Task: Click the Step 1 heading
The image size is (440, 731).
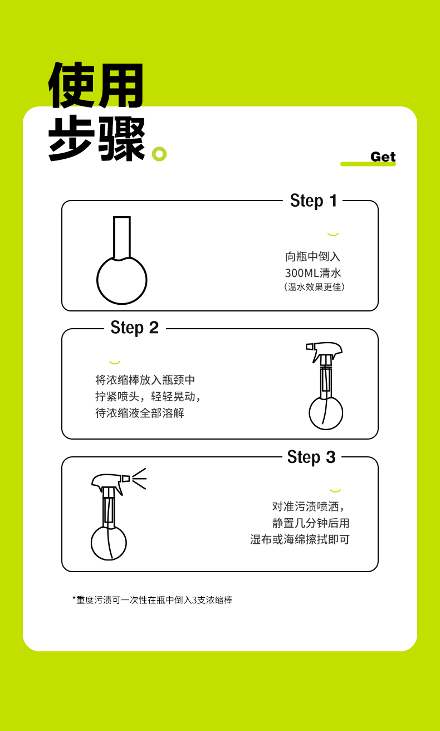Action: (x=314, y=201)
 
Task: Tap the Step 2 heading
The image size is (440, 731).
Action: (x=134, y=328)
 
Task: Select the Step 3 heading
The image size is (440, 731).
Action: (x=311, y=457)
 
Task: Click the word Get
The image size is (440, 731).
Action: (x=383, y=157)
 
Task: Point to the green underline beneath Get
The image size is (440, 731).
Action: (x=368, y=164)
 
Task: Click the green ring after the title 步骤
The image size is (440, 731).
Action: (x=159, y=154)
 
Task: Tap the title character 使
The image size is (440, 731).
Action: (x=72, y=85)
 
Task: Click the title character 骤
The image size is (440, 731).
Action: (x=121, y=139)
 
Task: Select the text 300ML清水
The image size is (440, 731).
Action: (x=313, y=273)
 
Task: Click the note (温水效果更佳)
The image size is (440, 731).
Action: (x=314, y=287)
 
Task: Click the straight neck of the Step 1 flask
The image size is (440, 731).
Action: (x=121, y=237)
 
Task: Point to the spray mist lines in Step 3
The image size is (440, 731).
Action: (x=139, y=479)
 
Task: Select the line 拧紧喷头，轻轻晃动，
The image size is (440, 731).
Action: (x=148, y=397)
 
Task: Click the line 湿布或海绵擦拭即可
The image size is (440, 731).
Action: (x=300, y=539)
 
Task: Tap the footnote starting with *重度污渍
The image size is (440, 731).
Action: (x=152, y=600)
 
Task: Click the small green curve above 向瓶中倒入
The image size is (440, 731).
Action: (x=333, y=234)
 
